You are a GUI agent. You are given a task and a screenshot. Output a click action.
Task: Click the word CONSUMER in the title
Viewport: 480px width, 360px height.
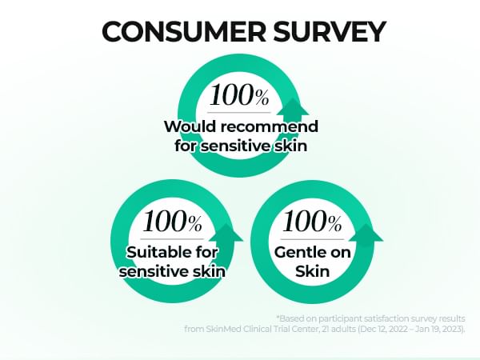pyautogui.click(x=184, y=31)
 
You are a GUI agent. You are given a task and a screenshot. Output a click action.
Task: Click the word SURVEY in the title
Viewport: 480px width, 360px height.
pyautogui.click(x=329, y=31)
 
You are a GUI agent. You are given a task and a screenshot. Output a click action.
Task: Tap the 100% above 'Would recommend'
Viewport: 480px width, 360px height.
pyautogui.click(x=239, y=95)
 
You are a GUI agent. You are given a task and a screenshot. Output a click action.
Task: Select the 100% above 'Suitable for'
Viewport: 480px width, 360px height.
pyautogui.click(x=172, y=221)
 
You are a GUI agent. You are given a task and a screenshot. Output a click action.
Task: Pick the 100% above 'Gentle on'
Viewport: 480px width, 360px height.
pyautogui.click(x=312, y=221)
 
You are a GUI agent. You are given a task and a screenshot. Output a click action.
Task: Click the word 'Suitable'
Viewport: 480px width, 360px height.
pyautogui.click(x=154, y=253)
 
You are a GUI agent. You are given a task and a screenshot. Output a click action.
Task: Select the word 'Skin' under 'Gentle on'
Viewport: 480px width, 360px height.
pyautogui.click(x=312, y=271)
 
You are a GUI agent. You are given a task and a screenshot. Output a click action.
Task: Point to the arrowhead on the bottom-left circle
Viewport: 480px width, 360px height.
pyautogui.click(x=226, y=232)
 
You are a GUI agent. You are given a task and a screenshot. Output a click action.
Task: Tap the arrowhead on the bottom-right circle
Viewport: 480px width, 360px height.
pyautogui.click(x=366, y=232)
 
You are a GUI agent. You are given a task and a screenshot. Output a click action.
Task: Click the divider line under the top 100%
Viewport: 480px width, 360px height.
pyautogui.click(x=239, y=112)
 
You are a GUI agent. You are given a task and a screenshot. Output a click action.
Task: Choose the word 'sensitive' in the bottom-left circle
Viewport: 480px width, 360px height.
pyautogui.click(x=154, y=271)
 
